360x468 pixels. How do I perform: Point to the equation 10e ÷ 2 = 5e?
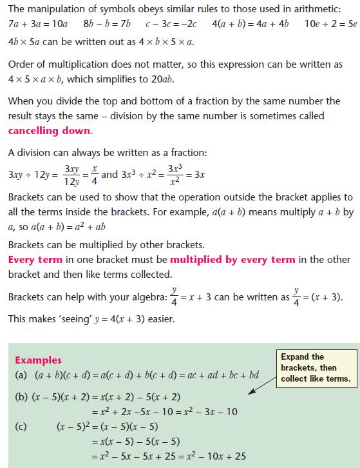pyautogui.click(x=328, y=24)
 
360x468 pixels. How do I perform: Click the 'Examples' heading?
pyautogui.click(x=38, y=360)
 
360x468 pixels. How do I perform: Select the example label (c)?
pyautogui.click(x=22, y=426)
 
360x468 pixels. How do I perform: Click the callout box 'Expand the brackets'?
pyautogui.click(x=316, y=367)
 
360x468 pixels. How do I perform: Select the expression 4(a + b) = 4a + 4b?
pyautogui.click(x=251, y=24)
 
